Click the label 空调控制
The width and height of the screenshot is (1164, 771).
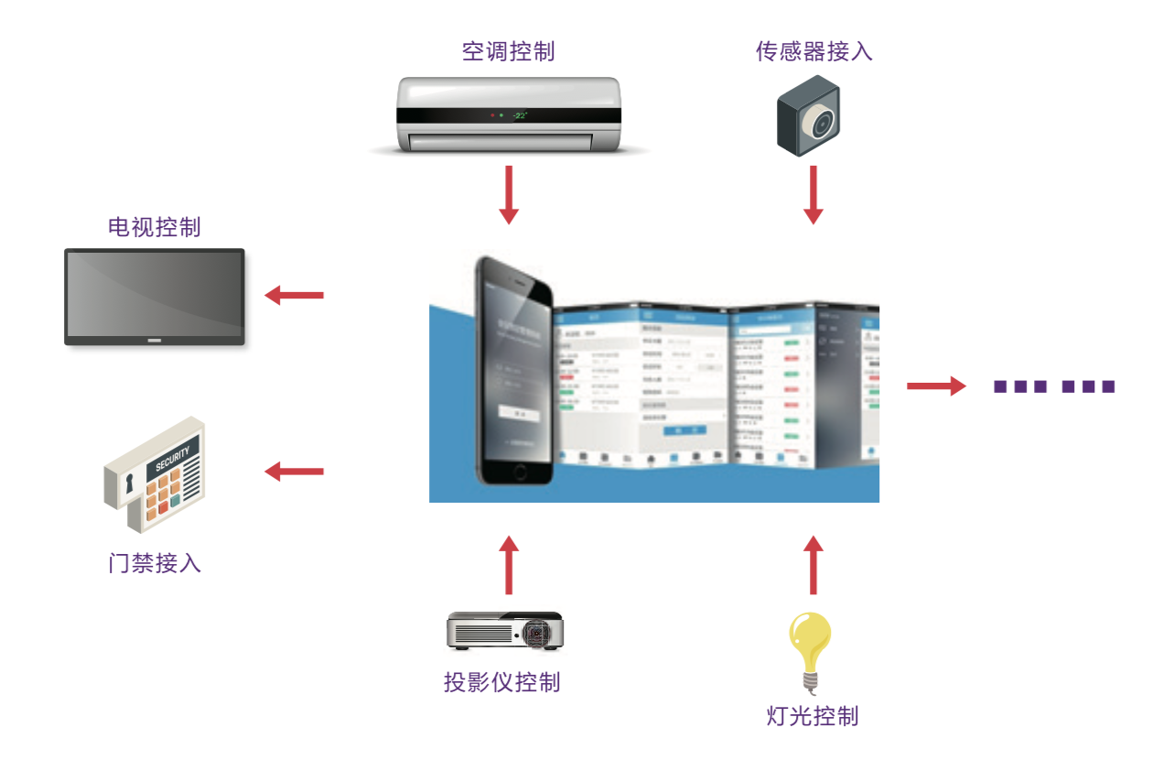pyautogui.click(x=508, y=51)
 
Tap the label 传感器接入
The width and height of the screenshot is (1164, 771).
pyautogui.click(x=814, y=51)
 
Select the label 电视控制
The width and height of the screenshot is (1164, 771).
pyautogui.click(x=154, y=227)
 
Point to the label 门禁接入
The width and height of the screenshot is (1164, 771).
pyautogui.click(x=154, y=562)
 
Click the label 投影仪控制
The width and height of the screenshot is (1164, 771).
pyautogui.click(x=501, y=682)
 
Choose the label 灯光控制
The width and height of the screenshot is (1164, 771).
pyautogui.click(x=812, y=715)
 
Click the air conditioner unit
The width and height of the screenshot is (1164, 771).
pyautogui.click(x=509, y=115)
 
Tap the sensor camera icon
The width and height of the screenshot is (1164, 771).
pyautogui.click(x=809, y=114)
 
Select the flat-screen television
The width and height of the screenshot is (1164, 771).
pyautogui.click(x=154, y=297)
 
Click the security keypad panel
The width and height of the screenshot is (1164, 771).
pyautogui.click(x=155, y=473)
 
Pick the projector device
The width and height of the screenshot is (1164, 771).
pyautogui.click(x=504, y=631)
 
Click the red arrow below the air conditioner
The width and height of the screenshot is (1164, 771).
pyautogui.click(x=509, y=194)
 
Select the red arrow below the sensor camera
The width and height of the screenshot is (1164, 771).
pyautogui.click(x=813, y=194)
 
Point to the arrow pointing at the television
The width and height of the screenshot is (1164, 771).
pyautogui.click(x=294, y=295)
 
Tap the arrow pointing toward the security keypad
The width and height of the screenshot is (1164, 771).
pyautogui.click(x=294, y=472)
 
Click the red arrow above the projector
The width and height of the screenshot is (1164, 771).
pyautogui.click(x=509, y=565)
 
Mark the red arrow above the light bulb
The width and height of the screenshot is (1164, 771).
pyautogui.click(x=813, y=565)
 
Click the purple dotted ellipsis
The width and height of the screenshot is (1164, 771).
pyautogui.click(x=1054, y=386)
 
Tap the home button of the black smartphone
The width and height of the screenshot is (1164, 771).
pyautogui.click(x=520, y=472)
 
